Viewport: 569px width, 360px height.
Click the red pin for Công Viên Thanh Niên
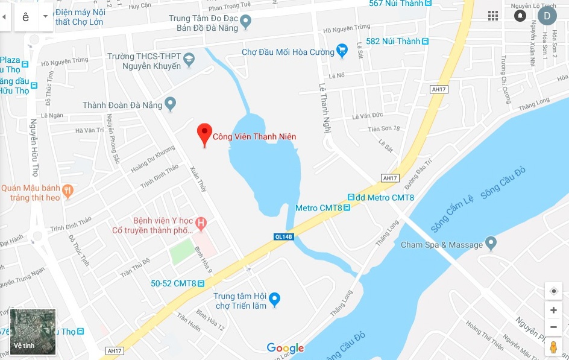pos(205,134)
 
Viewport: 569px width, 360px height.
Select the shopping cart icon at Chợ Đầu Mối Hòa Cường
pos(342,52)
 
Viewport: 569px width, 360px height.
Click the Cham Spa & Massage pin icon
pos(491,244)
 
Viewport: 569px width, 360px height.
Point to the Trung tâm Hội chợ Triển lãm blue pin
pos(275,299)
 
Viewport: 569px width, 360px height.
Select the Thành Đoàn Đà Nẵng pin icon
pos(171,104)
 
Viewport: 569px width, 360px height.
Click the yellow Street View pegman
pos(553,348)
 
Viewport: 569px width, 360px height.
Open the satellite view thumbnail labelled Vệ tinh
pos(33,332)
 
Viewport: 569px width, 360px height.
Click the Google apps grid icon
pos(493,16)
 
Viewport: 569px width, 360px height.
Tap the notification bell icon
pos(520,16)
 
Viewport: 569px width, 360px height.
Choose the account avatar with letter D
pos(547,16)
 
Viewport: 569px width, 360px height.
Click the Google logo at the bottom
pos(285,348)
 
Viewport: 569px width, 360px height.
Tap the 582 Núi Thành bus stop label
pos(392,41)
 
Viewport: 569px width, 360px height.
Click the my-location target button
pos(553,291)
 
